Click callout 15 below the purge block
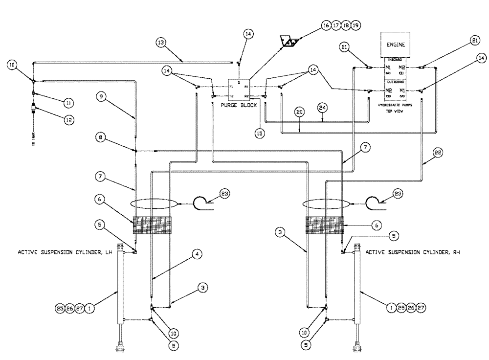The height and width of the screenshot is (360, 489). (260, 132)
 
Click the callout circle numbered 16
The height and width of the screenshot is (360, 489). (326, 25)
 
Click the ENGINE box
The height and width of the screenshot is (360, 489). (397, 45)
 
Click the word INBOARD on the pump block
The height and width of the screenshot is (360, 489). (396, 59)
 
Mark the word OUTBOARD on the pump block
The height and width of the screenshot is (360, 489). (396, 83)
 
